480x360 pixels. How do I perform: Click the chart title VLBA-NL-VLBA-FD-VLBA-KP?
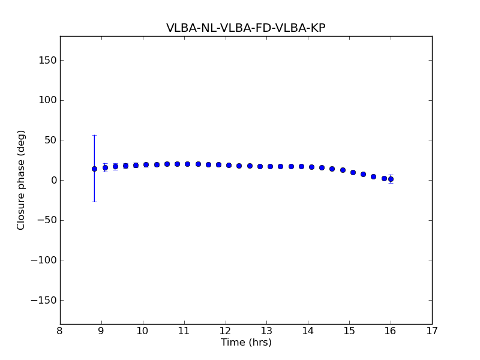pos(246,28)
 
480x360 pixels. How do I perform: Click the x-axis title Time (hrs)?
pos(246,343)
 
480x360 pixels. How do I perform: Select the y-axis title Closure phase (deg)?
pos(22,180)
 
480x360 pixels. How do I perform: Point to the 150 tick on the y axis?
pos(47,60)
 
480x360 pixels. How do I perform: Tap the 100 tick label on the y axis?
pos(47,100)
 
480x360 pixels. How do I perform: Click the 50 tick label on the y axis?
pos(50,140)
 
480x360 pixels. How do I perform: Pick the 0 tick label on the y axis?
pos(53,180)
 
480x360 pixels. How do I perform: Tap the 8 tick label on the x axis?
pos(60,331)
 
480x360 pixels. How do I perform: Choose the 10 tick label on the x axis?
pos(143,331)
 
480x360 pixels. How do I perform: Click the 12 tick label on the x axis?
pos(225,331)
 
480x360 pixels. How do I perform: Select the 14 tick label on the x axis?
pos(308,331)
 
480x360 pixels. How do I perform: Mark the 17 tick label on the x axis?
pos(432,331)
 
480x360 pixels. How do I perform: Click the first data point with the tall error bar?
pos(94,169)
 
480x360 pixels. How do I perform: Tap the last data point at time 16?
pos(391,179)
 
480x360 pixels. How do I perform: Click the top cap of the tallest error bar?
pos(94,136)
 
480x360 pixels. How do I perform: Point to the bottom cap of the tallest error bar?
pos(94,202)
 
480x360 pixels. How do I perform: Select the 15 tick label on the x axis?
pos(349,331)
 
